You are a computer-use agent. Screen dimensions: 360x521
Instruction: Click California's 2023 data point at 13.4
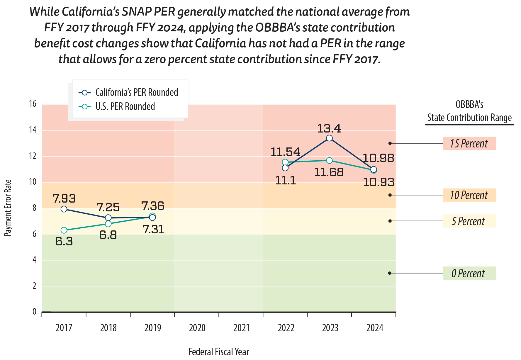tap(329, 138)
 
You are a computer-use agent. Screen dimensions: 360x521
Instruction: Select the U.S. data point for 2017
tap(64, 230)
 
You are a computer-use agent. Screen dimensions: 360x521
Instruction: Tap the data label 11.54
tap(285, 152)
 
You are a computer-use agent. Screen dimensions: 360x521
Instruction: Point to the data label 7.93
tap(64, 198)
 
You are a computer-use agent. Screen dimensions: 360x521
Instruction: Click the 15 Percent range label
tap(469, 143)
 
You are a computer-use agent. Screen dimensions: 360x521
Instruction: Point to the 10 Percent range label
tap(469, 195)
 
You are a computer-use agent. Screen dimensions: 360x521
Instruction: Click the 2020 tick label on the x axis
tap(197, 328)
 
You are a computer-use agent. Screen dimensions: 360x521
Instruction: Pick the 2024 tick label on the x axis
tap(375, 328)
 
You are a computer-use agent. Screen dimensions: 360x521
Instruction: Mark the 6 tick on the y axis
tap(34, 234)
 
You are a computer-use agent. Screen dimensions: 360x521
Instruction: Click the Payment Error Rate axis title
tap(8, 208)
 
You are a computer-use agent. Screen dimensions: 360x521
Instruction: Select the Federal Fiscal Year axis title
tap(219, 351)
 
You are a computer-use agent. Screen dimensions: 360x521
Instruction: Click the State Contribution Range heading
tap(469, 118)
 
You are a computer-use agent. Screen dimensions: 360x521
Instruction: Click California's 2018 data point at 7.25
tap(108, 218)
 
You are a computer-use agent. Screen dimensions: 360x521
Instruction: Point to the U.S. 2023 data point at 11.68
tap(329, 160)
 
